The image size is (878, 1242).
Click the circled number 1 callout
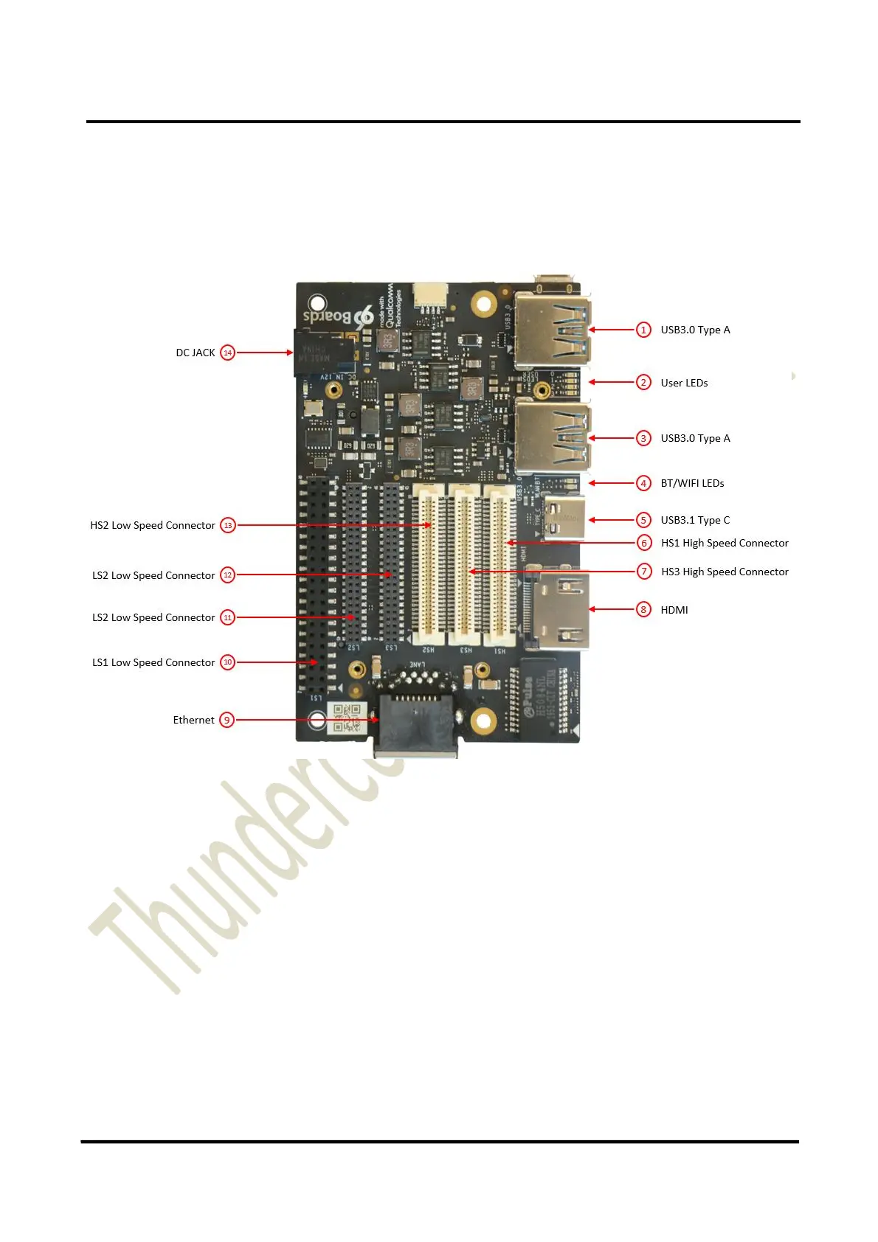(643, 330)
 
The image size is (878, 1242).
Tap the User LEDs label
(684, 383)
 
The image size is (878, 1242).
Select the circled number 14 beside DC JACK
(228, 353)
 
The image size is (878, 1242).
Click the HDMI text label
(674, 610)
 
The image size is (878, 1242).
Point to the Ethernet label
(193, 720)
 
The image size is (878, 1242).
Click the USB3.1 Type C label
(695, 520)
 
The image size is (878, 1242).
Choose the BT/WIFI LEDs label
(692, 483)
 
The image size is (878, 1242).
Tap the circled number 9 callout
(227, 720)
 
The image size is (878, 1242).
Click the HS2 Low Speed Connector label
(153, 525)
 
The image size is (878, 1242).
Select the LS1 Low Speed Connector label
(153, 662)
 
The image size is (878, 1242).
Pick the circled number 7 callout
(644, 572)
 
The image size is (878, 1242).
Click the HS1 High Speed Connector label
(725, 543)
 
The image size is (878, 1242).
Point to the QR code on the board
(347, 718)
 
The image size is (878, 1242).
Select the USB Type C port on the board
(565, 518)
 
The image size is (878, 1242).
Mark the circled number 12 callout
(228, 575)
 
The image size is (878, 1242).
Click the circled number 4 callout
(644, 483)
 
